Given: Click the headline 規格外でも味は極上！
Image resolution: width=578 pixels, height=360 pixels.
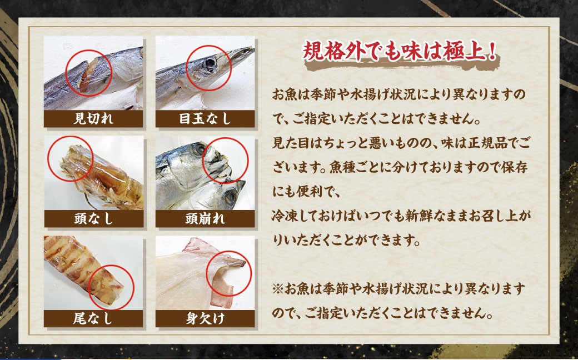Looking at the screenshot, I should [x=400, y=53].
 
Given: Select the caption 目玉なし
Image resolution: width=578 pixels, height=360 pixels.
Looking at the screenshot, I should [x=205, y=118].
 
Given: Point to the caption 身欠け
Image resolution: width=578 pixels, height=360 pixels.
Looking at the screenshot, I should [x=205, y=318].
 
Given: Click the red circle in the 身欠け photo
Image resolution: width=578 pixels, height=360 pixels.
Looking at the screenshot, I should [x=229, y=273].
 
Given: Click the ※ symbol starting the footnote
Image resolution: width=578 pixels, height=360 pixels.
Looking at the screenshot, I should [x=278, y=289].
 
